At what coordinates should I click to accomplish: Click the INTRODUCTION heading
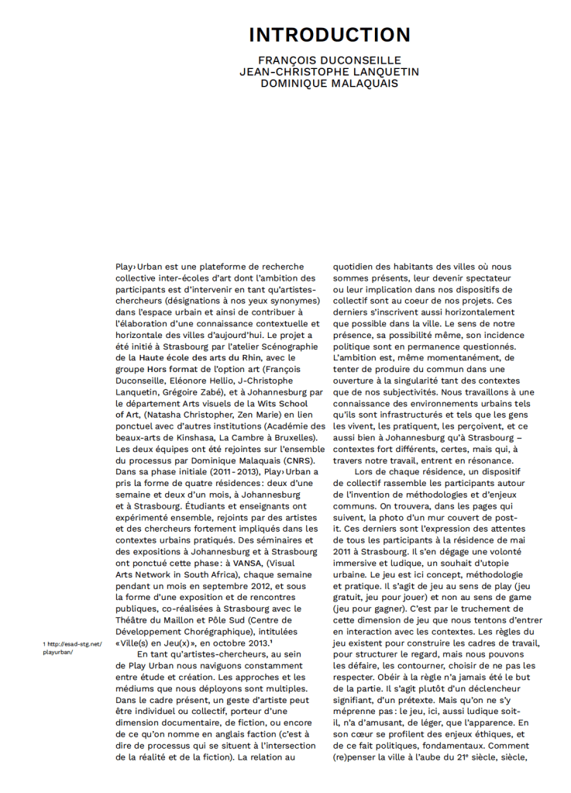coord(329,36)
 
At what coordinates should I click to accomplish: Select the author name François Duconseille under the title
coord(329,60)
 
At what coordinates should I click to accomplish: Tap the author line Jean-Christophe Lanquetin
coord(329,72)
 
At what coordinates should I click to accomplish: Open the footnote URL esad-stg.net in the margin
coord(73,643)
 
